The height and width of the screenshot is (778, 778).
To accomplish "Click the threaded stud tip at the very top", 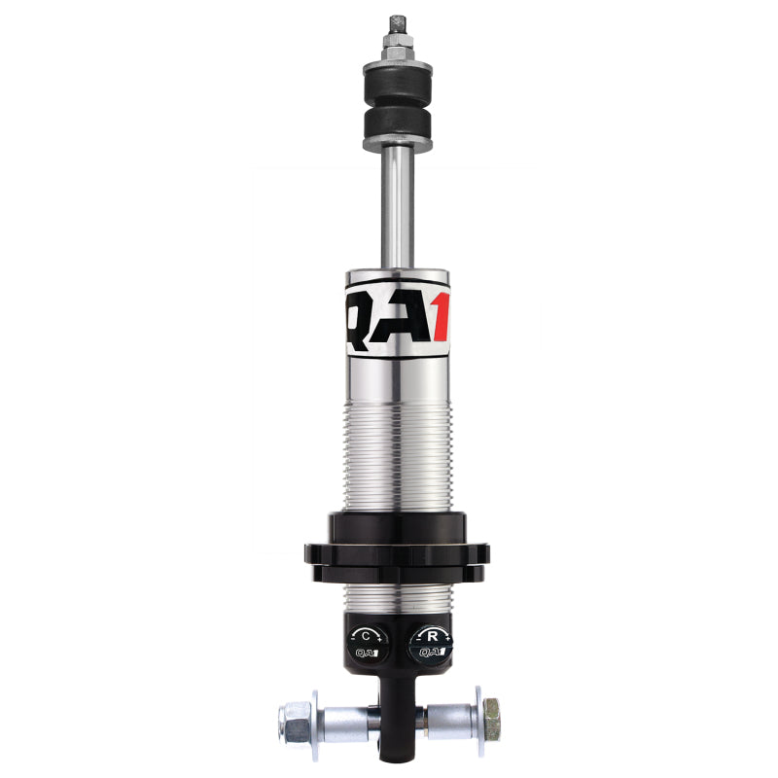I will point(396,22).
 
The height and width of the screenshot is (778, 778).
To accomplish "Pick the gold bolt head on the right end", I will point(492,722).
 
